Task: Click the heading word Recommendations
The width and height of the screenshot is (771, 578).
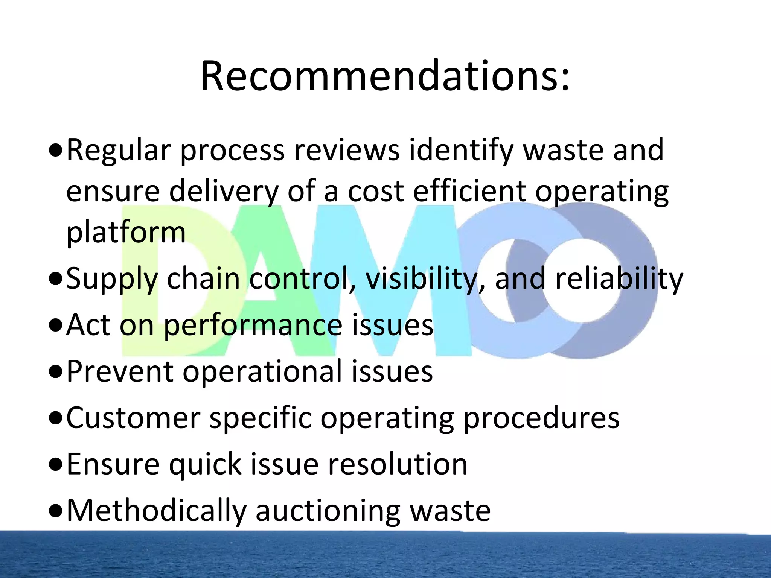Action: click(385, 76)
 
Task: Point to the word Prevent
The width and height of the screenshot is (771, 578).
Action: click(120, 372)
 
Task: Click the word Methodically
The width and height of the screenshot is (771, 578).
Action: click(156, 511)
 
